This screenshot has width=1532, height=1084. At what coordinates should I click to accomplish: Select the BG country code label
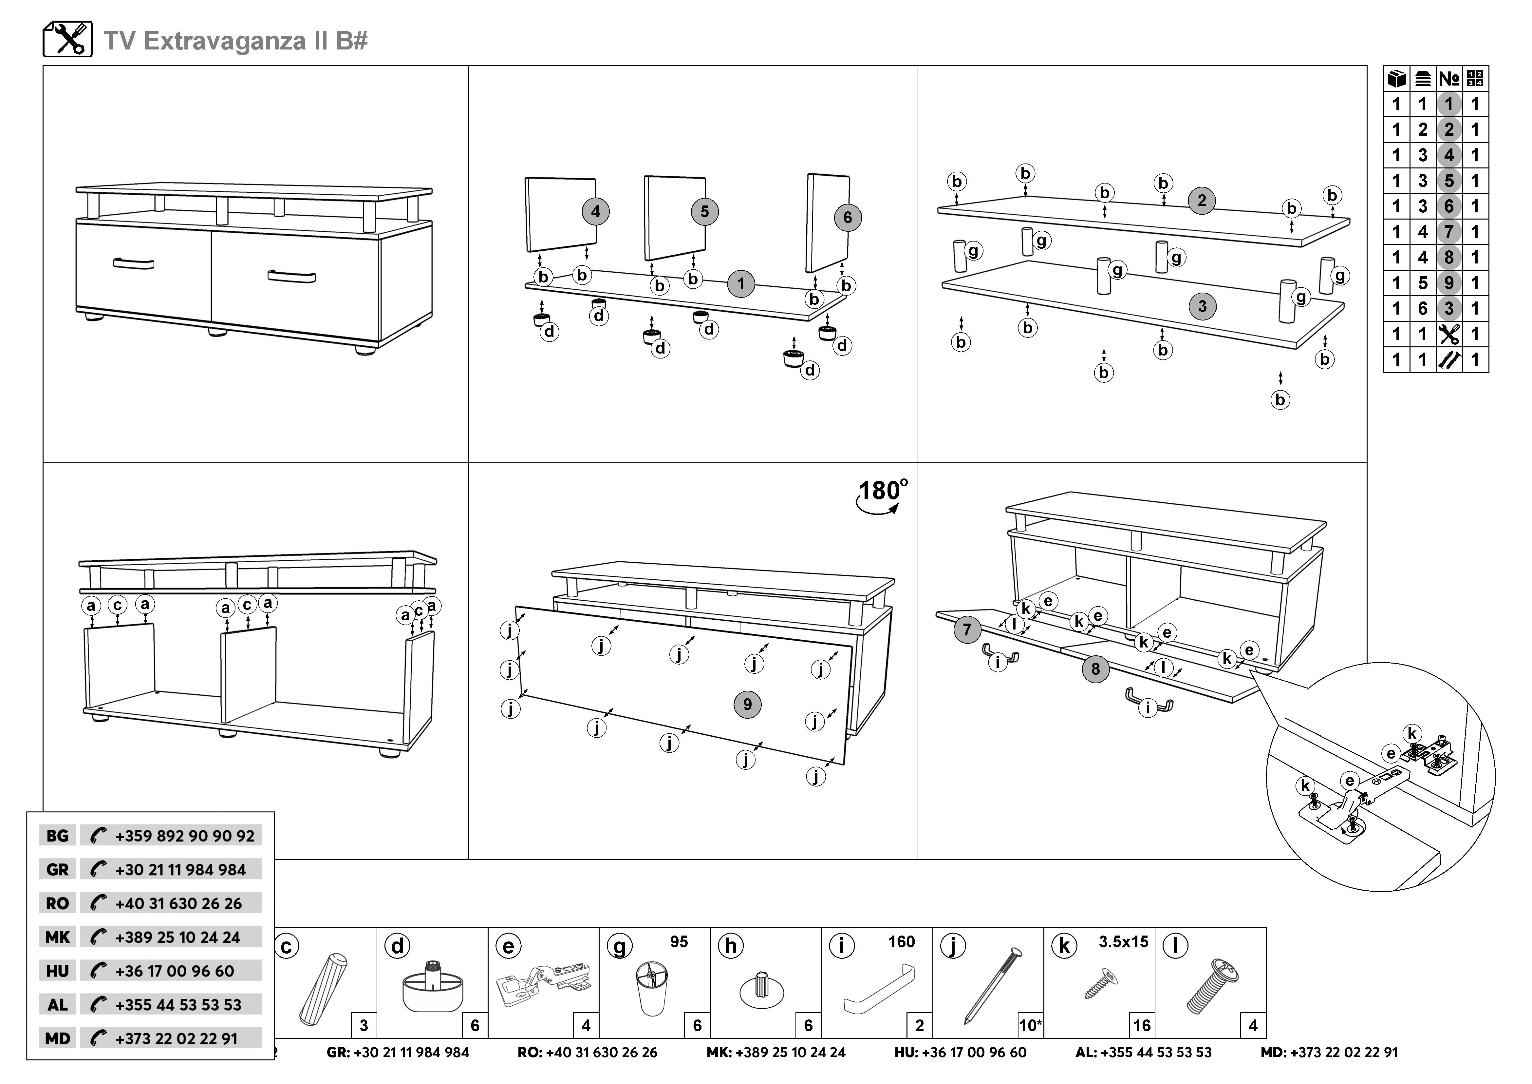(57, 836)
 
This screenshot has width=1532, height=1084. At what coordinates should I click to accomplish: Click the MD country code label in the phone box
(57, 1038)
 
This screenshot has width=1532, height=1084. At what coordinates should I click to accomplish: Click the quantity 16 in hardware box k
(1142, 1025)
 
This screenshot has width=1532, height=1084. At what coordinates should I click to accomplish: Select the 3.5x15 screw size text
(1124, 942)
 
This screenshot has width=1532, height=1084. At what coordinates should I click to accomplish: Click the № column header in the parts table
(1448, 79)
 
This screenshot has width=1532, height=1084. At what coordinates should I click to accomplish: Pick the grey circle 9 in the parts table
(1448, 283)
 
